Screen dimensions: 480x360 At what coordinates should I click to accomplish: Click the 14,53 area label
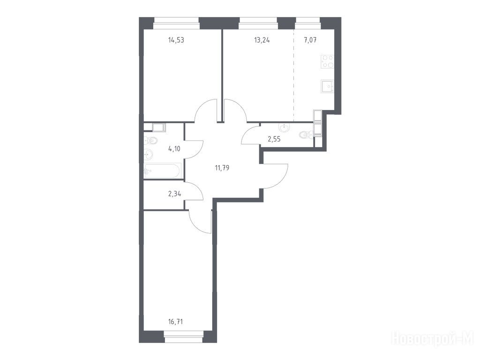click(x=176, y=40)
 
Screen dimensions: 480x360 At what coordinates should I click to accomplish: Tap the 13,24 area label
click(x=262, y=40)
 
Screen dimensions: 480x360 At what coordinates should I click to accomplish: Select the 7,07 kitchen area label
click(x=310, y=40)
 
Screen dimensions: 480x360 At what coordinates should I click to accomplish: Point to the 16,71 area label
click(x=176, y=322)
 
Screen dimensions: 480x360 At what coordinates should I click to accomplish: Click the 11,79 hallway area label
click(x=222, y=168)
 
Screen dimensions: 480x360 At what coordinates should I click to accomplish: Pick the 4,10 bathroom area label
click(x=174, y=149)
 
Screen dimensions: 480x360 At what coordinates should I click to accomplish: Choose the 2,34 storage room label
click(x=174, y=194)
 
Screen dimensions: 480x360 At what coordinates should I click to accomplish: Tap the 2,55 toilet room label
click(x=274, y=139)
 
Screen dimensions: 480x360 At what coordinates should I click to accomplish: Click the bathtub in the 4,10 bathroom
click(x=162, y=171)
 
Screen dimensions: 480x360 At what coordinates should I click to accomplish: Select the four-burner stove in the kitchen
click(x=327, y=61)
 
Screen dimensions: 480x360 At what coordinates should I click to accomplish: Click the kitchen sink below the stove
click(x=327, y=86)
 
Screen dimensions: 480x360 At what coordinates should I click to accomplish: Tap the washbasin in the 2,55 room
click(x=284, y=127)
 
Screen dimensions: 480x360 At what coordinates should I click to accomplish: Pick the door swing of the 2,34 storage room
click(x=194, y=191)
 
